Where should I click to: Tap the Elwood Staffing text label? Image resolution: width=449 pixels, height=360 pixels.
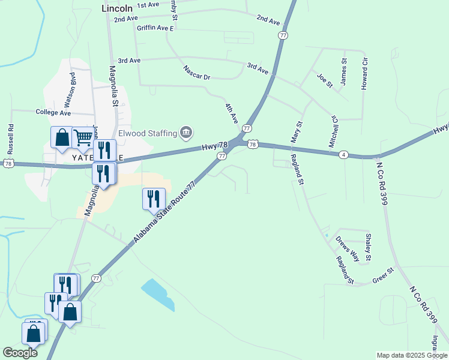pos(146,133)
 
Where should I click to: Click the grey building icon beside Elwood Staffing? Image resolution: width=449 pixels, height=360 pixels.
pos(185,132)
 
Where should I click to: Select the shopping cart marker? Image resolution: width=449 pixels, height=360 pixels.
pos(82,137)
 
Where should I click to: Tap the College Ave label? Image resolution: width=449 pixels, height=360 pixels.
pos(53,112)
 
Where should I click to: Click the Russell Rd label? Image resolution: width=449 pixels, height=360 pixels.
pos(10,137)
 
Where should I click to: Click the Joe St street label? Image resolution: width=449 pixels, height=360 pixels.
pos(324,80)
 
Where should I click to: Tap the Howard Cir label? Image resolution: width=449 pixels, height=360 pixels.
pos(364,75)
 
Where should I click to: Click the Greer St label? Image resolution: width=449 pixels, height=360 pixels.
pos(382,279)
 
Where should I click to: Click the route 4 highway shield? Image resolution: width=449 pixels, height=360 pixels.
pos(343,155)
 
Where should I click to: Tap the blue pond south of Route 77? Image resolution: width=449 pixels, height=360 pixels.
pos(158,295)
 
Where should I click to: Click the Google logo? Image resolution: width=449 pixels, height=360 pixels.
pos(20,353)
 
